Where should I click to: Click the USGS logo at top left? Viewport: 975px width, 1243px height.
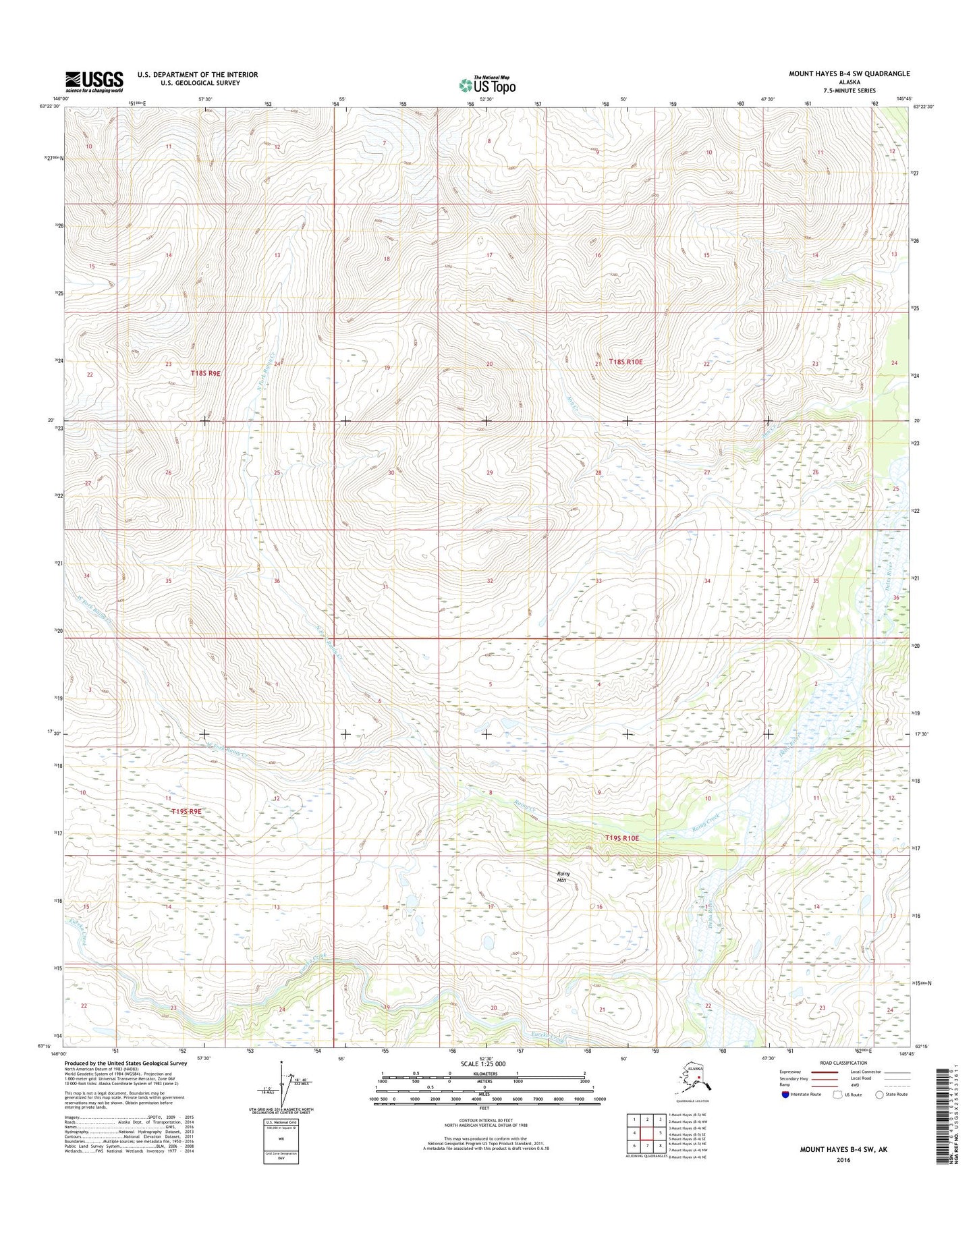tap(94, 82)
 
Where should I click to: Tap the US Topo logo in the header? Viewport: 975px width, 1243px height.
tap(487, 85)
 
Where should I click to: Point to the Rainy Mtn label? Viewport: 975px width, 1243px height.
tap(563, 877)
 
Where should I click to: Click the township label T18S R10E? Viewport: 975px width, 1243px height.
tap(626, 362)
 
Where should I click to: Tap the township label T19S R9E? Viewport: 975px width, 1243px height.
tap(186, 812)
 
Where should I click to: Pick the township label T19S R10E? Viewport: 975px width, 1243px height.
tap(621, 837)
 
